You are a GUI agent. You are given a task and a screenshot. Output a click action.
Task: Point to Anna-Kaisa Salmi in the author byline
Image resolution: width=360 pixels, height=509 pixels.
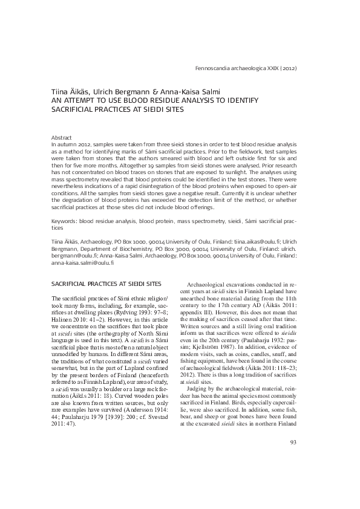click(195, 92)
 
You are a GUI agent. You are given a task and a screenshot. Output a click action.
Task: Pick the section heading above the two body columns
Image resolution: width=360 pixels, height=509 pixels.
click(106, 284)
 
